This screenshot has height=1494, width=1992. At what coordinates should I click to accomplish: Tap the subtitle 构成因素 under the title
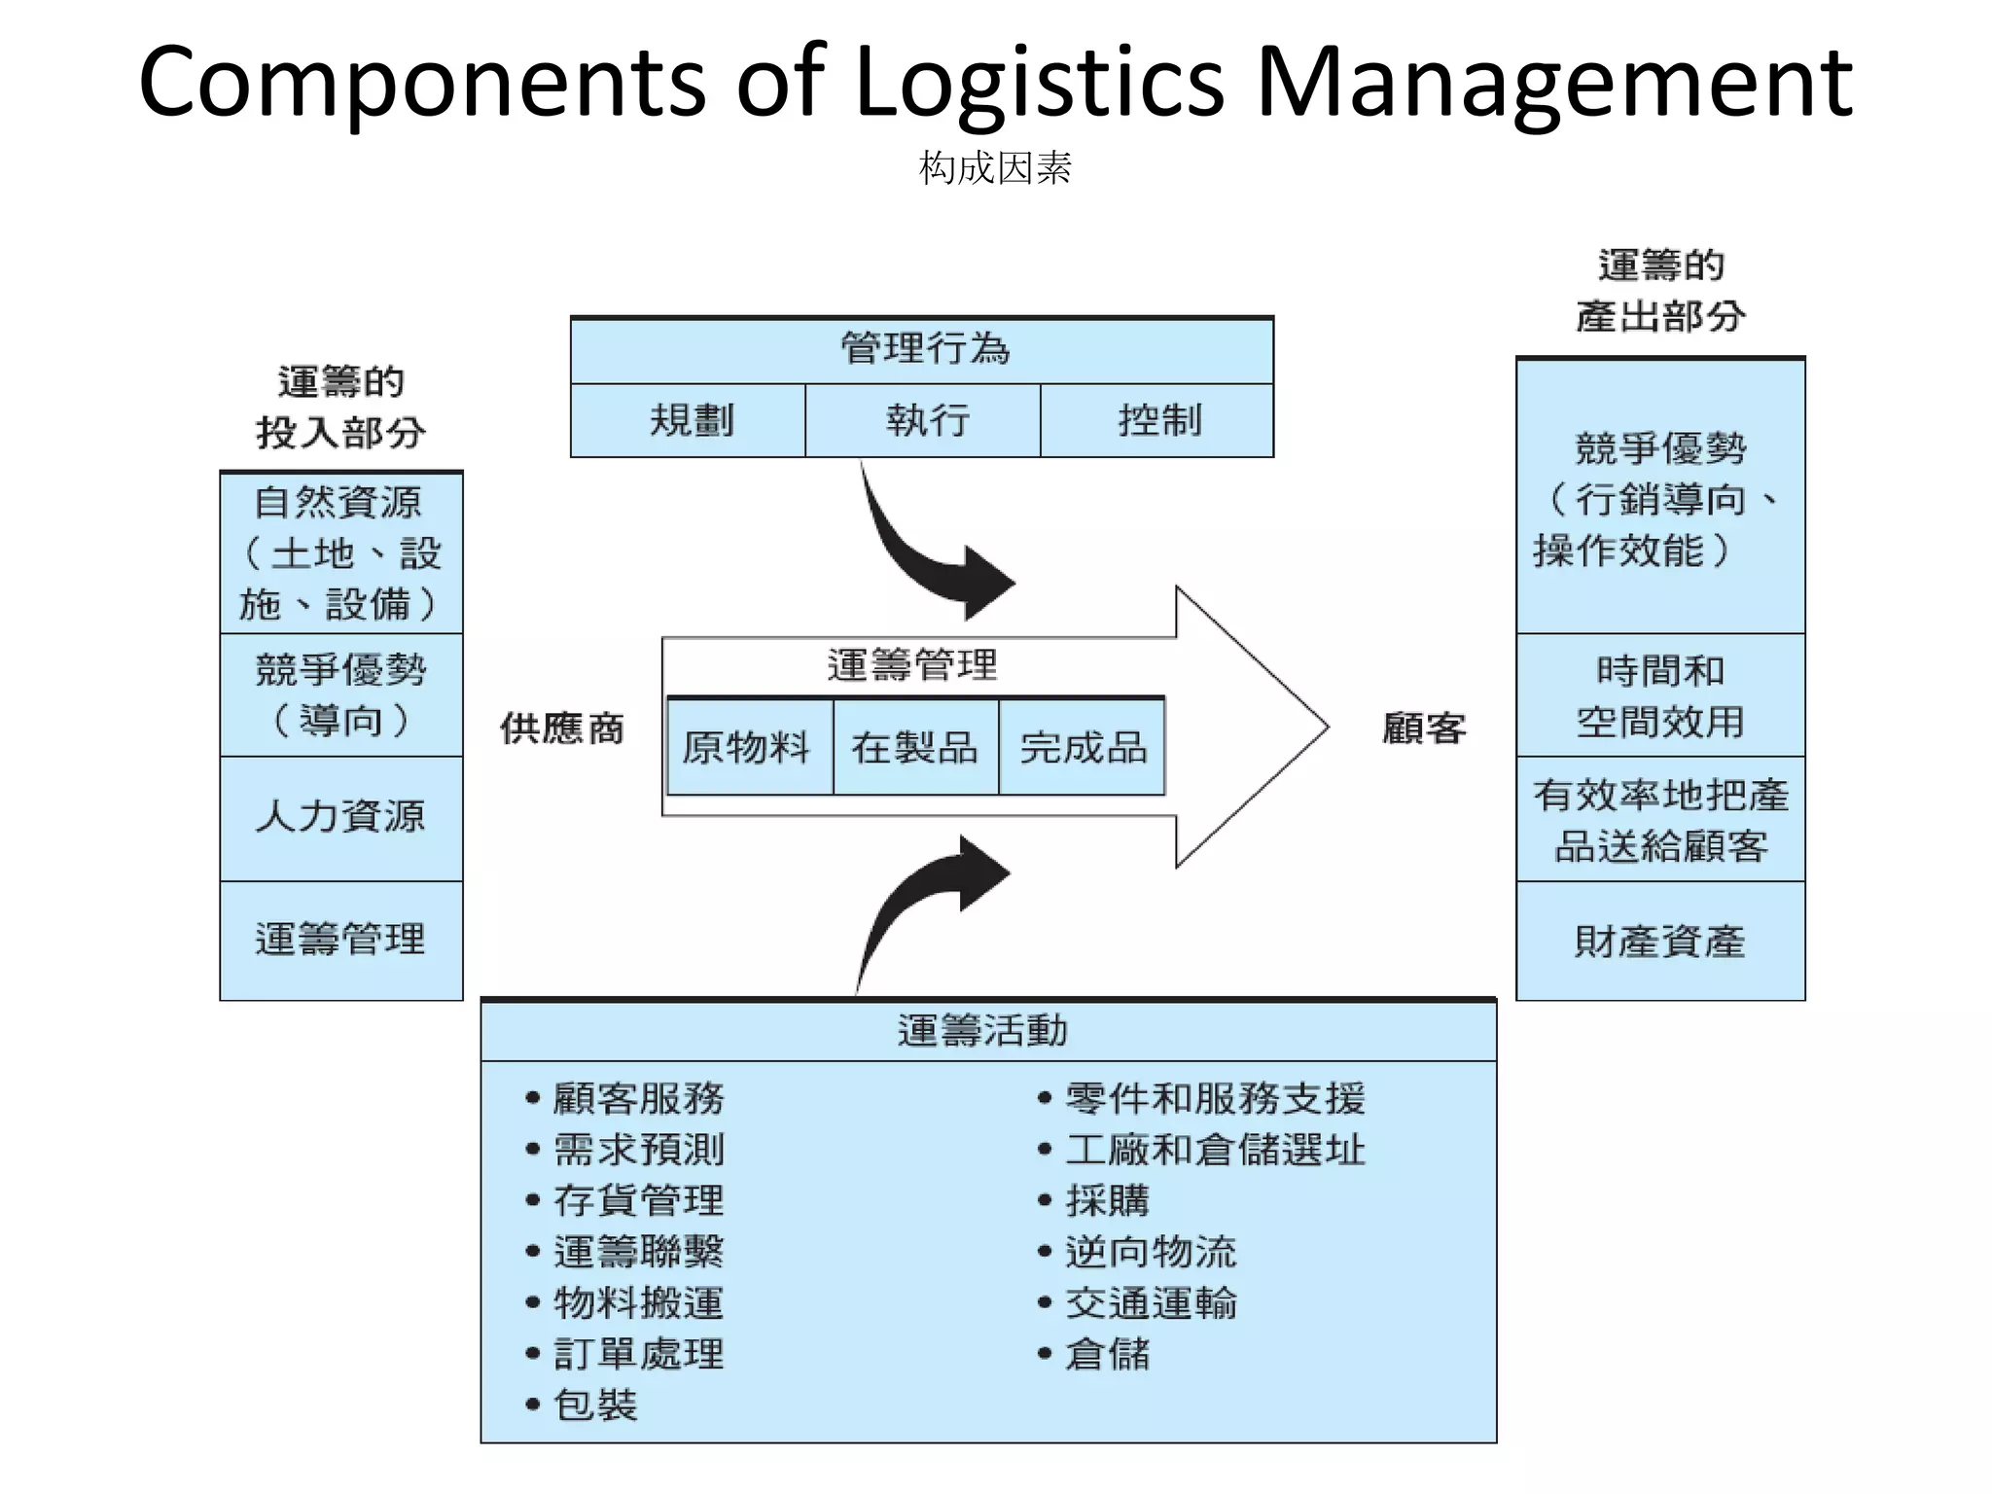click(x=995, y=168)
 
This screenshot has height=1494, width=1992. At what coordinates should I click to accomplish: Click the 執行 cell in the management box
click(x=924, y=420)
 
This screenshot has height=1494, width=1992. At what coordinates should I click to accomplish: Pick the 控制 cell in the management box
click(x=1157, y=420)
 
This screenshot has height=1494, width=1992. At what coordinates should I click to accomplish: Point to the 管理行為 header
click(x=924, y=348)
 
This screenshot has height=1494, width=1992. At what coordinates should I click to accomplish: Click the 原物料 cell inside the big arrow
click(x=747, y=747)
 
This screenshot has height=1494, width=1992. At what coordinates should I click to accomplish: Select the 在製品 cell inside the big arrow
click(x=914, y=747)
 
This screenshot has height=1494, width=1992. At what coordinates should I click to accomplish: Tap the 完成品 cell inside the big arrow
click(x=1083, y=747)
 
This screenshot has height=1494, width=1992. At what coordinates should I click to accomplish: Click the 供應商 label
click(x=561, y=728)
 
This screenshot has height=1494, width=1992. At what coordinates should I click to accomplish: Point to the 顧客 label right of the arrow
click(x=1423, y=728)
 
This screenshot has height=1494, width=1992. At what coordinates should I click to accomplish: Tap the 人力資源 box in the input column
click(x=340, y=817)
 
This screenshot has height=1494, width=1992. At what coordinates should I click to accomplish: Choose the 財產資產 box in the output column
click(x=1659, y=941)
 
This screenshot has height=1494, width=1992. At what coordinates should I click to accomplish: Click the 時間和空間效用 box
click(x=1659, y=695)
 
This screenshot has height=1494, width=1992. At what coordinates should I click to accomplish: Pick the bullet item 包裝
click(x=594, y=1405)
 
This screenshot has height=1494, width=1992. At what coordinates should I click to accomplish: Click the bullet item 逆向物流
click(x=1150, y=1252)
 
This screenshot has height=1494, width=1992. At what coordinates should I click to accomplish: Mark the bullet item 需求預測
click(x=638, y=1150)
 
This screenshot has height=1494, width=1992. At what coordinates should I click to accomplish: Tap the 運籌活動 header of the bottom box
click(x=982, y=1030)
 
